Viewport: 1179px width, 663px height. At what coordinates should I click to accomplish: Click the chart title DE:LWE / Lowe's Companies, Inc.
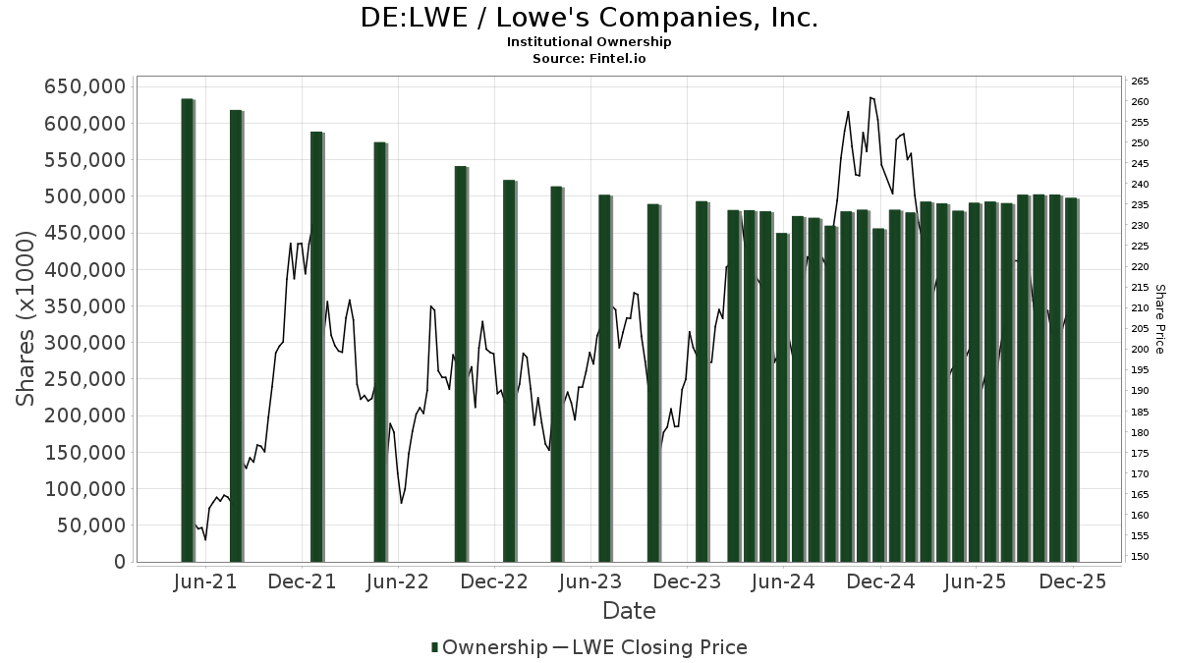tap(589, 18)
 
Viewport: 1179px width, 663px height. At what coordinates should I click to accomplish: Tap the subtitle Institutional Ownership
tap(589, 42)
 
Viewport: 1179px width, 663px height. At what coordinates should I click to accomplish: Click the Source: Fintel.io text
tap(589, 58)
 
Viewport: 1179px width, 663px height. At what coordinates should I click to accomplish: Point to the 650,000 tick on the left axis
tap(84, 86)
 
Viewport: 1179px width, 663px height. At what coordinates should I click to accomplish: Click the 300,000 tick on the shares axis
tap(84, 343)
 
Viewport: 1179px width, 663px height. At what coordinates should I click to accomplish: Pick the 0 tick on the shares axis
tap(119, 562)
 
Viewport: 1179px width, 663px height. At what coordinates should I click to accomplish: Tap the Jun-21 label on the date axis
tap(205, 581)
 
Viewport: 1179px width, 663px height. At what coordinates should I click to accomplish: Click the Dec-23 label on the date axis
tap(687, 581)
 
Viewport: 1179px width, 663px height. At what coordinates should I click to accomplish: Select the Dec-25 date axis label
tap(1073, 581)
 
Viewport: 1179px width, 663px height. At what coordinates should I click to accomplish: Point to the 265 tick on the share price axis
tap(1141, 82)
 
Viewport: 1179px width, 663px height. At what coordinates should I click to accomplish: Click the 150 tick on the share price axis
tap(1141, 557)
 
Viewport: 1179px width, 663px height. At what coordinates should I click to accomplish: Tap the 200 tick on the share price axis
tap(1141, 350)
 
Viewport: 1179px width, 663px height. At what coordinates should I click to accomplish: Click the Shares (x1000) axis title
tap(27, 318)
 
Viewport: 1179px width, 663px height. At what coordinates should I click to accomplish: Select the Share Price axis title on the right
tap(1159, 318)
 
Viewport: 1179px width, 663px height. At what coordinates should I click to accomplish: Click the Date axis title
tap(629, 611)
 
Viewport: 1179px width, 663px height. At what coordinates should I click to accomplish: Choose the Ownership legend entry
tap(489, 647)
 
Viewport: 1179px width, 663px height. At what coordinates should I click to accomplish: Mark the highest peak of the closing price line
tap(870, 97)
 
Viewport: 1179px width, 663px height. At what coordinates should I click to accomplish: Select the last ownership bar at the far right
tap(1071, 379)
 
